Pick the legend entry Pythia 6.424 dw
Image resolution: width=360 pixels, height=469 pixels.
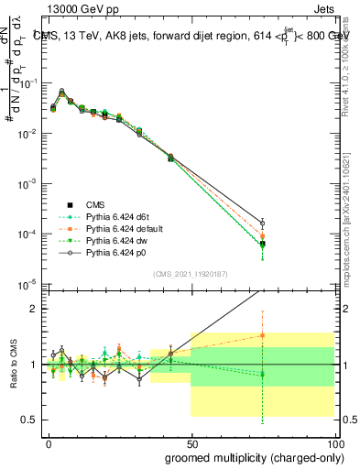(98, 238)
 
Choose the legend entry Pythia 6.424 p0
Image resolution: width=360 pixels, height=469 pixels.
(98, 249)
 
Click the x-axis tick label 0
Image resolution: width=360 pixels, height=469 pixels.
(49, 443)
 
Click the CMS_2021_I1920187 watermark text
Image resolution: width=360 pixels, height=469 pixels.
(190, 274)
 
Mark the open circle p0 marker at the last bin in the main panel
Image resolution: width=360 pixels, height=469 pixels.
(263, 223)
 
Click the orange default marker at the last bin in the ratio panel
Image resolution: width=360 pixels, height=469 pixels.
(263, 335)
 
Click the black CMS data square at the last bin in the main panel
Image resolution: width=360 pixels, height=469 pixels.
(263, 244)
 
